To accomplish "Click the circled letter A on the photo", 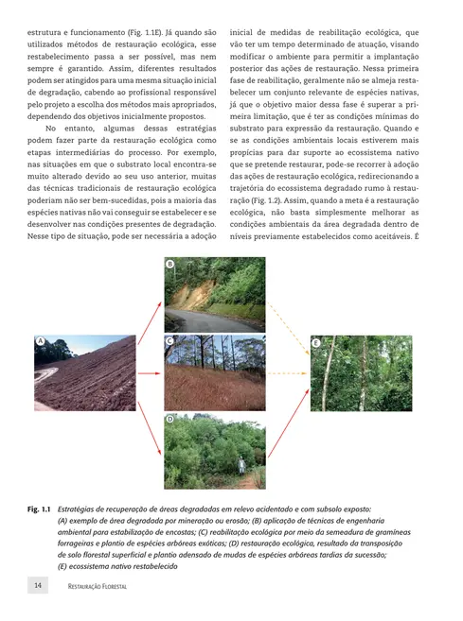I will [x=41, y=340].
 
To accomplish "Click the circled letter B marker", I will [x=170, y=264].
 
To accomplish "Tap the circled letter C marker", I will [x=169, y=340].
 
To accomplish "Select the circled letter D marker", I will [x=169, y=418].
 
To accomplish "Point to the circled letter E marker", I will [x=316, y=341].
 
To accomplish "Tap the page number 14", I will [x=38, y=586].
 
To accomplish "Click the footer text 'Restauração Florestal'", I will [x=98, y=587].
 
